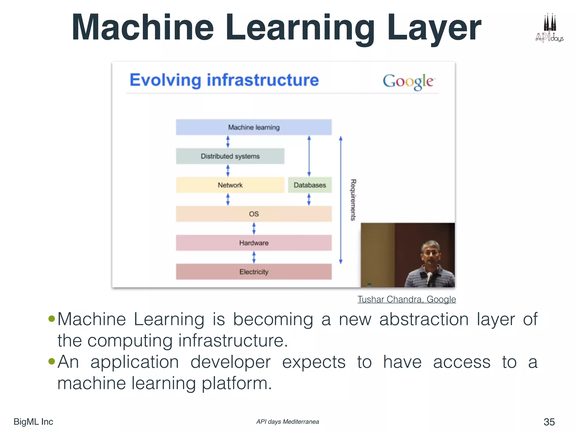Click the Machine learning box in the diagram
coord(254,127)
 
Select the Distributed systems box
coord(230,156)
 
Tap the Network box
coord(230,185)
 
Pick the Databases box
coord(310,185)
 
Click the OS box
coord(254,214)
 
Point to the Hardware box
coord(254,243)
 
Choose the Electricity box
coord(254,272)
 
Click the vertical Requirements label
coord(353,200)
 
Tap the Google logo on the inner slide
coord(409,82)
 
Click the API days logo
coord(549,28)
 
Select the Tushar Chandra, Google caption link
coord(407,299)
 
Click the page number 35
coord(549,422)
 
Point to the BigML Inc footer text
coord(33,422)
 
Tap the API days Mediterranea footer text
coord(287,422)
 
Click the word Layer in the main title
coord(434,28)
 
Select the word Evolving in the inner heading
coord(165,80)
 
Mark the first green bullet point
coord(52,318)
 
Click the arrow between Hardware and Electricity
coord(254,257)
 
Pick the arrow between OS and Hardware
coord(254,228)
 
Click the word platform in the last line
coord(237,383)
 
